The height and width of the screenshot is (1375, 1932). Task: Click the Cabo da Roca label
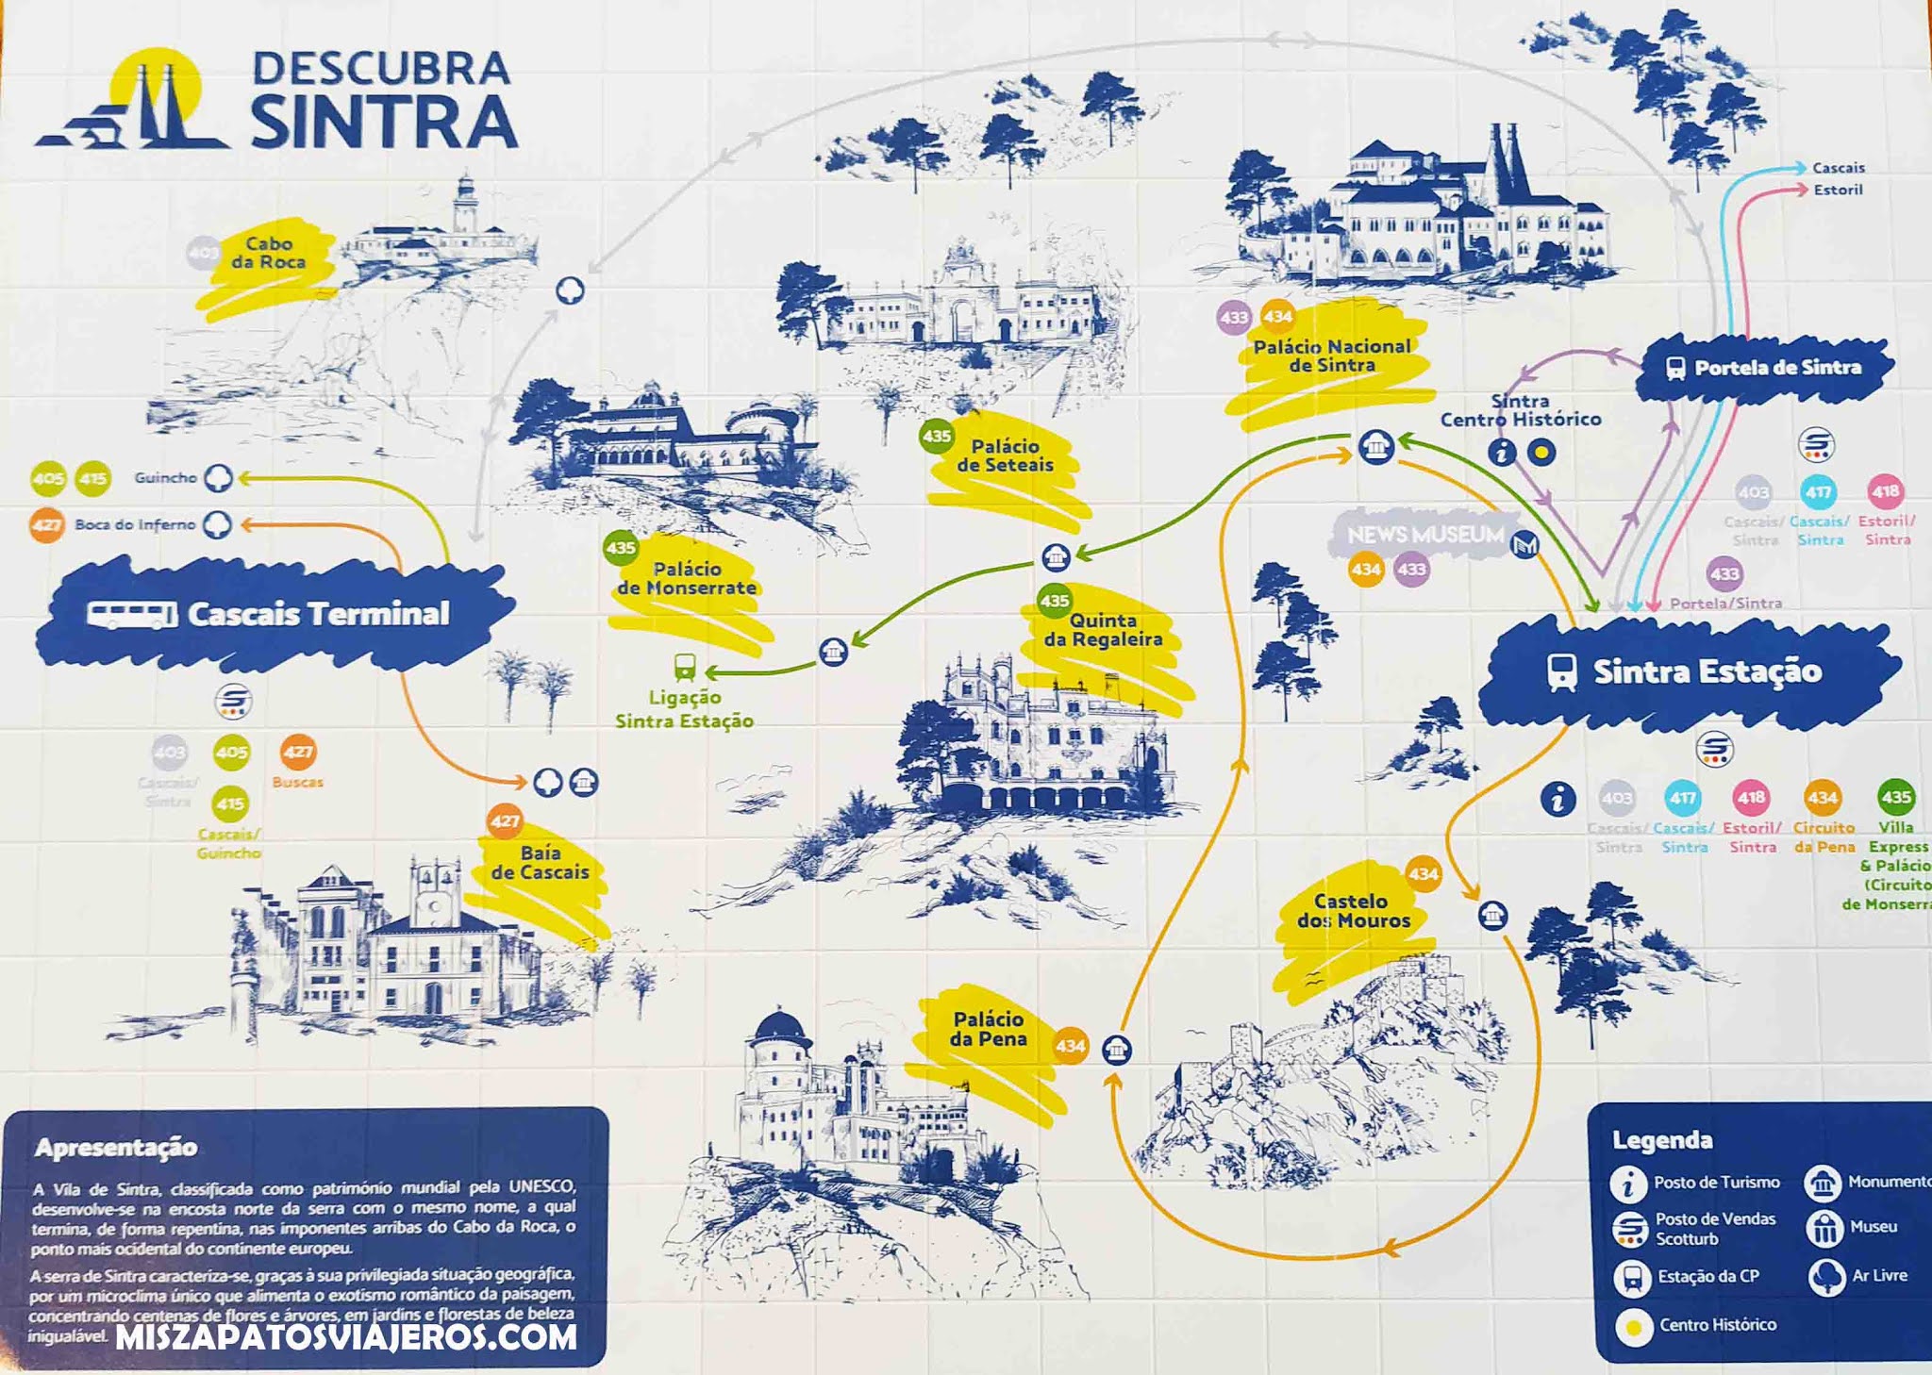(268, 253)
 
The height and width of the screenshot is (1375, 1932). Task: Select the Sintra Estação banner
(1689, 671)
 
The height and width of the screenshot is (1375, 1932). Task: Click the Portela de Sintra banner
(1764, 368)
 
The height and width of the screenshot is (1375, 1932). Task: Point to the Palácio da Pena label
(988, 1029)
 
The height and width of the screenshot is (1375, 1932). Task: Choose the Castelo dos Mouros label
(1353, 911)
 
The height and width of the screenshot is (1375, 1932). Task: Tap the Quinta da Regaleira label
(1102, 630)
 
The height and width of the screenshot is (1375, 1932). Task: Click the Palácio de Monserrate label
(687, 578)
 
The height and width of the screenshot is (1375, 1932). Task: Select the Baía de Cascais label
(540, 863)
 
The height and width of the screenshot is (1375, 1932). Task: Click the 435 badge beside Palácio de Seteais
(936, 436)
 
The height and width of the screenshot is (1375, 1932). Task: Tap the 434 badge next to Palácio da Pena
(1071, 1046)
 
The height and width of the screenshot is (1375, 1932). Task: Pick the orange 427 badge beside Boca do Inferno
(46, 525)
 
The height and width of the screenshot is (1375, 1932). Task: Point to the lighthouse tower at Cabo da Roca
(464, 203)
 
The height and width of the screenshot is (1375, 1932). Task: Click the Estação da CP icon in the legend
(1630, 1277)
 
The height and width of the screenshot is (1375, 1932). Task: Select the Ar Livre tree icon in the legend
(1826, 1276)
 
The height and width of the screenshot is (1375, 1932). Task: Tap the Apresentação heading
(116, 1147)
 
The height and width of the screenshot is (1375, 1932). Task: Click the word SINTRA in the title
(384, 122)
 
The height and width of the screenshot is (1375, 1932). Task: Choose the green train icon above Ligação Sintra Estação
(685, 667)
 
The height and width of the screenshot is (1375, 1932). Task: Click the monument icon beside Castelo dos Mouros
(1492, 915)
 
